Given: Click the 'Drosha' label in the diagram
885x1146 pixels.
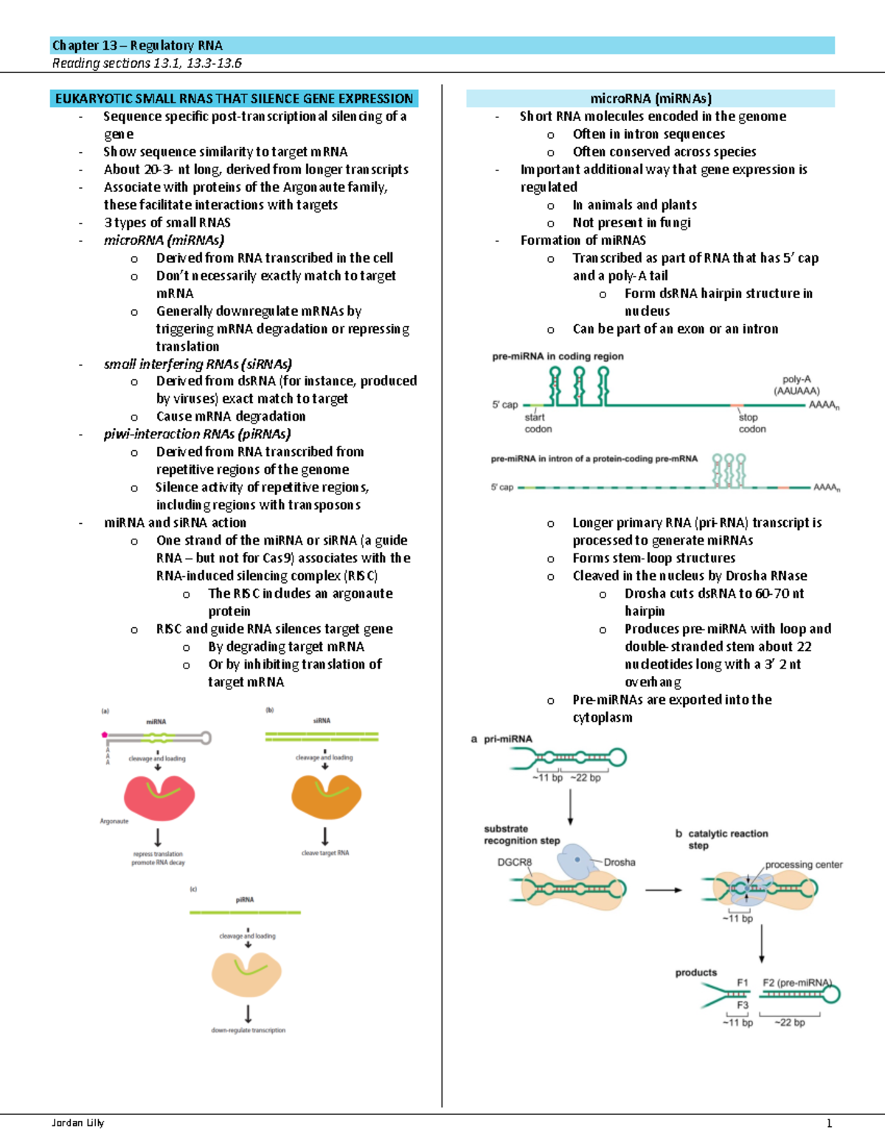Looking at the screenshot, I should (x=619, y=862).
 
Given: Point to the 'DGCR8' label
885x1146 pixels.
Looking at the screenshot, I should (x=514, y=862).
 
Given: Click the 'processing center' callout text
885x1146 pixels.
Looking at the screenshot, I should (x=803, y=864).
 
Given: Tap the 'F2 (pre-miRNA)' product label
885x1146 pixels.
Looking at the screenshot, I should (x=796, y=983).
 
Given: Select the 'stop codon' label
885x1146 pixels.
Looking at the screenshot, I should (x=752, y=423).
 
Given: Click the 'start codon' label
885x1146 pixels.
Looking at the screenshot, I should (x=538, y=423).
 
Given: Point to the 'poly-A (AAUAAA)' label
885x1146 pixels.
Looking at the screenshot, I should (x=796, y=384).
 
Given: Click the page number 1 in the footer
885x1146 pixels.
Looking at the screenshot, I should (x=829, y=1123).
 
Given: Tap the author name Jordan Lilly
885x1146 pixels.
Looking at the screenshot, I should (x=77, y=1122).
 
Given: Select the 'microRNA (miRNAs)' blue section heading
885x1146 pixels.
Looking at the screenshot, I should (x=650, y=98).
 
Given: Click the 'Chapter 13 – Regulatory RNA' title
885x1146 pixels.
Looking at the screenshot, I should (x=137, y=46).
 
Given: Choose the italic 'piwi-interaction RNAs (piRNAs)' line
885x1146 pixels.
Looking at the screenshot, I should (x=197, y=434).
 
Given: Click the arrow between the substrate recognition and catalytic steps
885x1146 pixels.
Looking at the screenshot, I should (x=663, y=890).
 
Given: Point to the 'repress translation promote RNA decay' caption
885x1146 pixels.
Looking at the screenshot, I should (x=158, y=858).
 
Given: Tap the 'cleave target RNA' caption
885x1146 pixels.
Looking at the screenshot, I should (x=325, y=853).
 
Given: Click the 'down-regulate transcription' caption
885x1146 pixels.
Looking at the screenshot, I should (x=248, y=1030).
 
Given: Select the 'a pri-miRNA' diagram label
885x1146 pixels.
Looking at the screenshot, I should (x=502, y=739).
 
